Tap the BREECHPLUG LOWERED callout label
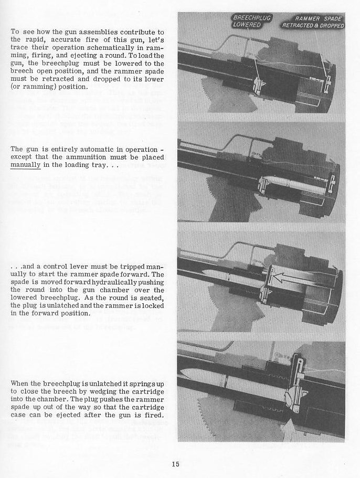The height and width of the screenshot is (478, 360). coord(251,20)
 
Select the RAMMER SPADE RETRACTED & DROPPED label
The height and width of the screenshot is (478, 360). coord(313,22)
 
